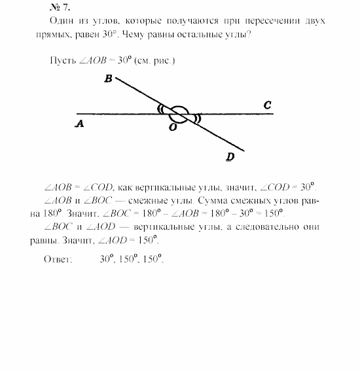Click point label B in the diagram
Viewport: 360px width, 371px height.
[x=107, y=79]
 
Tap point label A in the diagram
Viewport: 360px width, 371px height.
[x=79, y=122]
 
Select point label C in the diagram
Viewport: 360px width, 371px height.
[x=267, y=104]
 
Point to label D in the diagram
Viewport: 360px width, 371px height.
[x=230, y=156]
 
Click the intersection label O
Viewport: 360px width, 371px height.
[x=172, y=128]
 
